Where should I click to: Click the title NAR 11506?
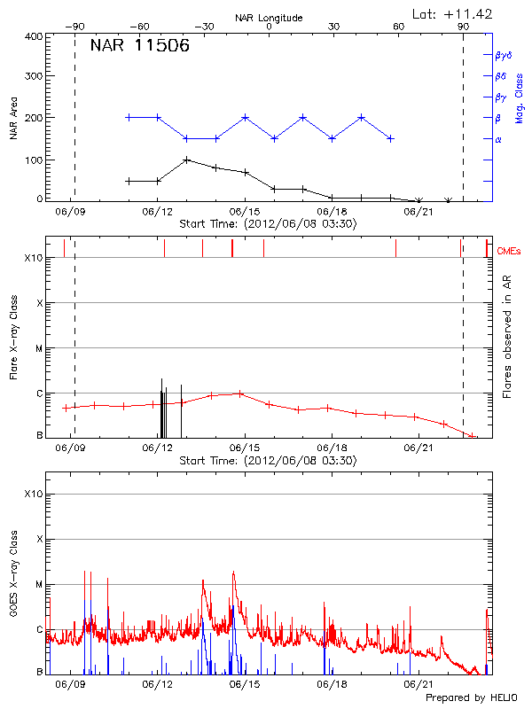pyautogui.click(x=140, y=47)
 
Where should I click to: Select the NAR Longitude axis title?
pyautogui.click(x=269, y=18)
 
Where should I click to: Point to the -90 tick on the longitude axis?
pyautogui.click(x=78, y=27)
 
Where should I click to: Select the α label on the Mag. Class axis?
pyautogui.click(x=497, y=139)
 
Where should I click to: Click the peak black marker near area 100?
pyautogui.click(x=186, y=160)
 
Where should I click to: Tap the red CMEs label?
pyautogui.click(x=509, y=253)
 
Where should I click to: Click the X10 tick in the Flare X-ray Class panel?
pyautogui.click(x=35, y=258)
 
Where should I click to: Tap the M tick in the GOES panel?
pyautogui.click(x=39, y=584)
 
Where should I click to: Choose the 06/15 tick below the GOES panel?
pyautogui.click(x=245, y=685)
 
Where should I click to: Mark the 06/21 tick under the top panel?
pyautogui.click(x=418, y=212)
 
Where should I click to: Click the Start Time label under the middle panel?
pyautogui.click(x=268, y=461)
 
